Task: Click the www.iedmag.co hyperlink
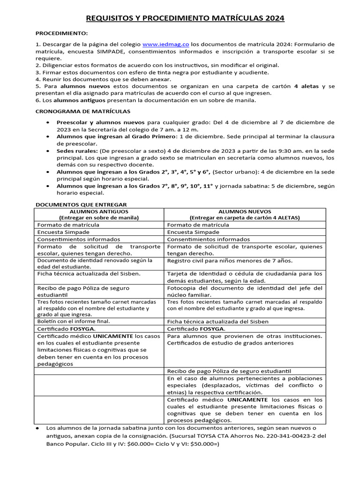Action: click(x=165, y=44)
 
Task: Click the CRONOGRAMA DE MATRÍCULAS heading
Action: click(x=83, y=111)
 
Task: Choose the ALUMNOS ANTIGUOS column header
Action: click(x=98, y=211)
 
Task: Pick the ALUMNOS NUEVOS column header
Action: click(x=244, y=211)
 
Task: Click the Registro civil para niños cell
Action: click(x=230, y=261)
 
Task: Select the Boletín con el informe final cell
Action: click(x=74, y=321)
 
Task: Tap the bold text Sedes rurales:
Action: click(x=77, y=151)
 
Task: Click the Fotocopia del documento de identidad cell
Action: click(x=245, y=291)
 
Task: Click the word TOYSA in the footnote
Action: click(x=214, y=435)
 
